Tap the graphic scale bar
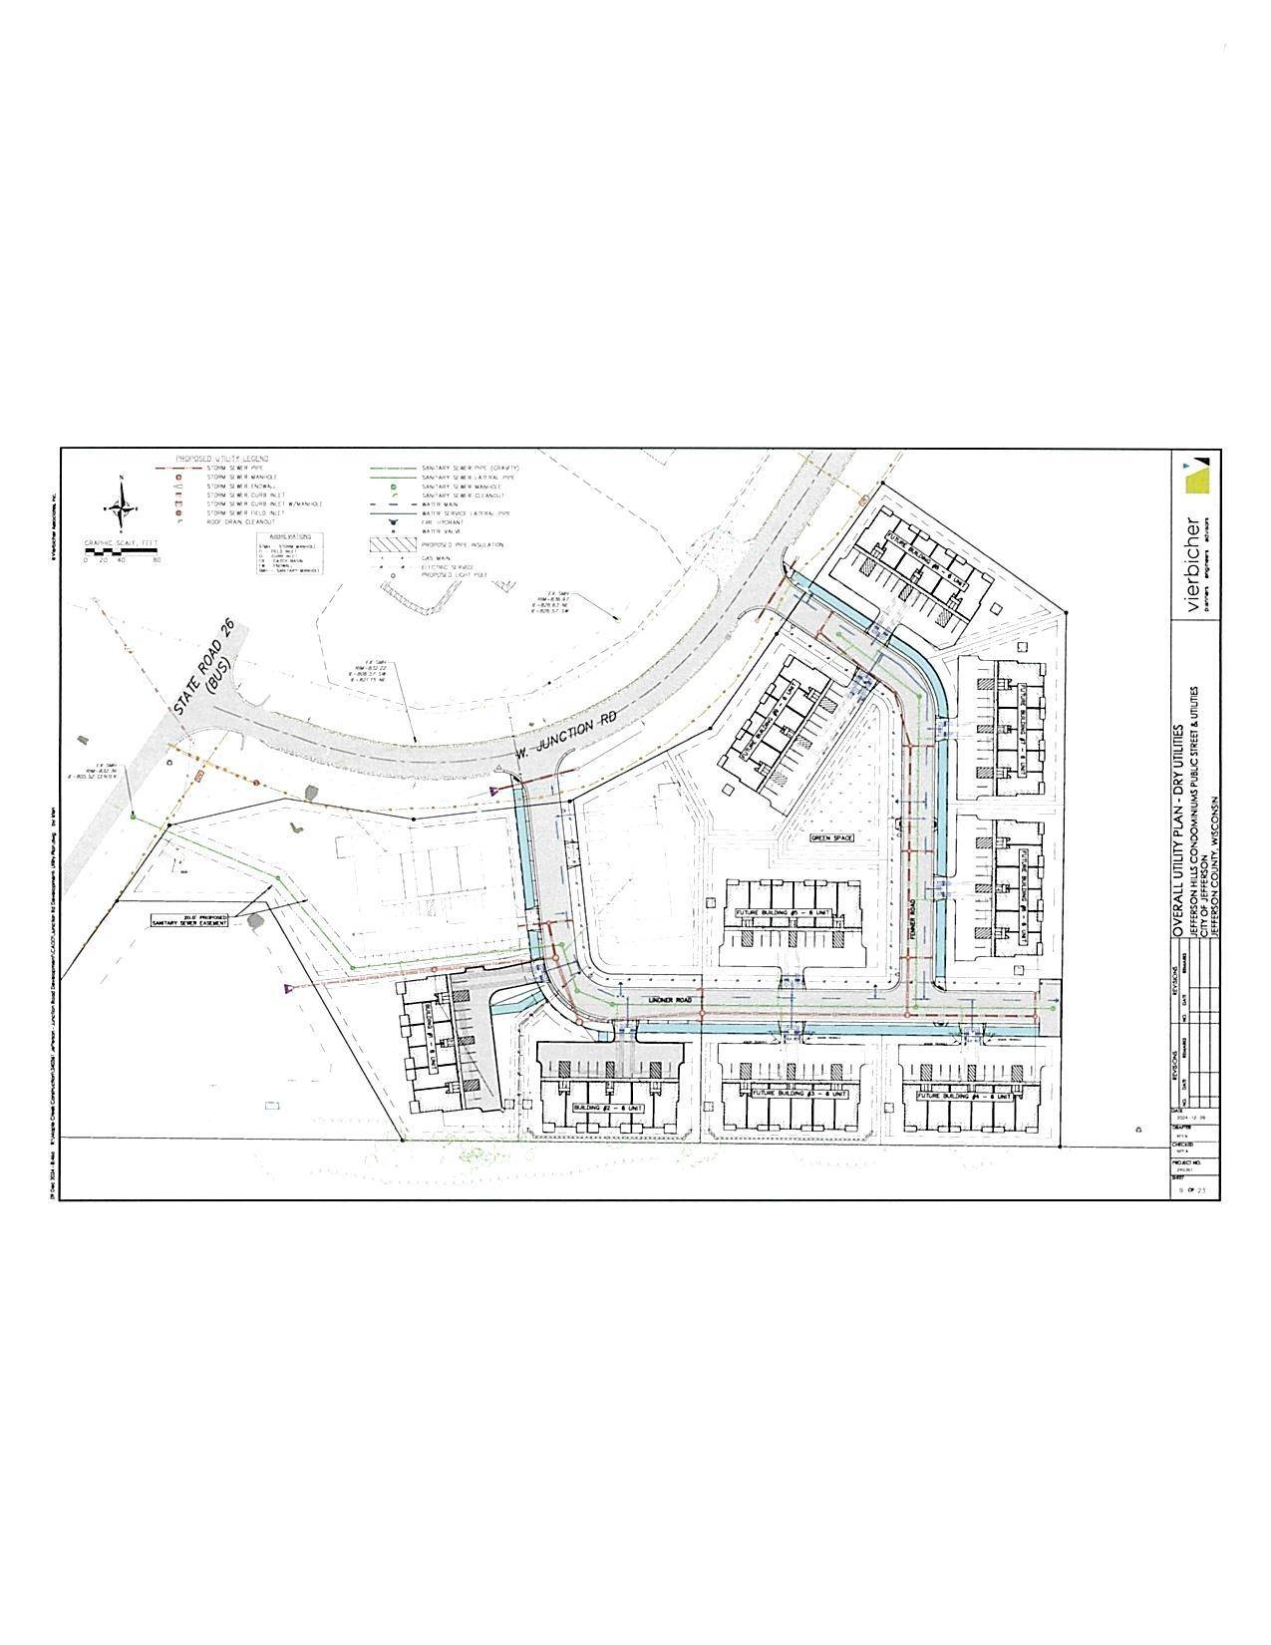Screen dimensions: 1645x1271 tap(122, 549)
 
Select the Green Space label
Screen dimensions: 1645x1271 tap(832, 838)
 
